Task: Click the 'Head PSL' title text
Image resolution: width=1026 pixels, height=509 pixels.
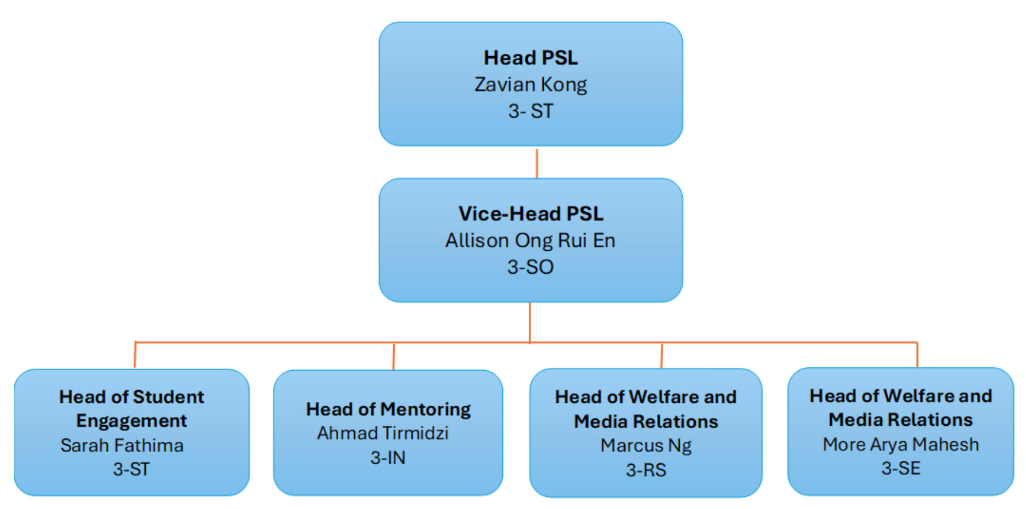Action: point(531,58)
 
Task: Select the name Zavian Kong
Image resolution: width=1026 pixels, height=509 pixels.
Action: point(531,85)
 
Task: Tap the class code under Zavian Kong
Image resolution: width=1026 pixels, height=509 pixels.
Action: point(531,111)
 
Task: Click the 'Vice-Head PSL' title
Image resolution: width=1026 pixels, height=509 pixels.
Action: point(531,214)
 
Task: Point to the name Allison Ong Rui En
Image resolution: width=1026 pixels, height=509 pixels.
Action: point(531,240)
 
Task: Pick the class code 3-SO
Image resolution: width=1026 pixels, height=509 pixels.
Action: point(531,267)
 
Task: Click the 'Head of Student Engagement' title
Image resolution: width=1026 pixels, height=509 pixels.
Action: point(131,409)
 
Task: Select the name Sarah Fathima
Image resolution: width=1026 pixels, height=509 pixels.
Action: point(122,446)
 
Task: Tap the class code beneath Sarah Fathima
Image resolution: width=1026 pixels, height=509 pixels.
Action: point(131,469)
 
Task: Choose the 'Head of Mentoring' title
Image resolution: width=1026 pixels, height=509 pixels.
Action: point(388,410)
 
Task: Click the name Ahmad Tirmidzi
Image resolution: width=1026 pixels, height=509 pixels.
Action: point(383,433)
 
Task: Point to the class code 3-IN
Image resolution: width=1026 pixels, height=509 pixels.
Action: point(388,458)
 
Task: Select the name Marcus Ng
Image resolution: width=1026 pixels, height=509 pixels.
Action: point(646,446)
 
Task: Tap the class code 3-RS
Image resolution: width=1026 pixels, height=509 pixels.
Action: point(646,471)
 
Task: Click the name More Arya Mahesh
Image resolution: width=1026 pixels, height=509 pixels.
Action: point(901,445)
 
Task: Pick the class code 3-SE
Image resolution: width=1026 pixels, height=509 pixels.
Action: point(901,468)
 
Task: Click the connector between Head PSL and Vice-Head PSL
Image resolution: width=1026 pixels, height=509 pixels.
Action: point(537,164)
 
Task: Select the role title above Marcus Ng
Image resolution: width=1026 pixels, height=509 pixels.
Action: point(646,409)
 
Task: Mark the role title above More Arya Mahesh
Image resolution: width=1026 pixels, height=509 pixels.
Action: point(901,408)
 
